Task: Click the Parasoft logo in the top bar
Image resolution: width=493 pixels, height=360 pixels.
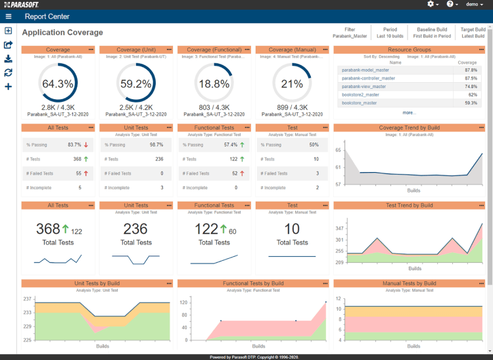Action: tap(24, 4)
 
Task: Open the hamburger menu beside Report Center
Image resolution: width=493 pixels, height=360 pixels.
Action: tap(9, 16)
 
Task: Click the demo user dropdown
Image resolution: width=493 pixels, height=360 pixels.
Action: tap(474, 4)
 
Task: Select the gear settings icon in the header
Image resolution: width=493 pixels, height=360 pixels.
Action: tap(433, 4)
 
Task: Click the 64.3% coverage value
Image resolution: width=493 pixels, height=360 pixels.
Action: tap(58, 84)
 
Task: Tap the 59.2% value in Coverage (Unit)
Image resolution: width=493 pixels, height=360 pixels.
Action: tap(136, 84)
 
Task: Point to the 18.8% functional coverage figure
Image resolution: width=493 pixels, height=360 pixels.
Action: tap(214, 84)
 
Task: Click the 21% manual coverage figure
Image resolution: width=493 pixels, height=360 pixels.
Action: tap(292, 84)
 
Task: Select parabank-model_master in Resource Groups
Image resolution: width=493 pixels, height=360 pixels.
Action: tap(365, 70)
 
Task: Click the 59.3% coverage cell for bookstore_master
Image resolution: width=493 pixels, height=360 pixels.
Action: tap(470, 102)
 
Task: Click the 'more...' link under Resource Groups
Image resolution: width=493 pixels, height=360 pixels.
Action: tap(410, 112)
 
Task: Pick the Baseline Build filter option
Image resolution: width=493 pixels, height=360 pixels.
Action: tap(432, 30)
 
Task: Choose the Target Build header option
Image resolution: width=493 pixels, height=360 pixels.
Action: tap(473, 30)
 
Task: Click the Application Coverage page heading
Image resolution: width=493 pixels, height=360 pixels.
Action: tap(62, 32)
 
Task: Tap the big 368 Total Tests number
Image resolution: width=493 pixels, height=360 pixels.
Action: tap(48, 229)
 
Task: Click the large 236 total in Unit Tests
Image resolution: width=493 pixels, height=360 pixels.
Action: tap(136, 229)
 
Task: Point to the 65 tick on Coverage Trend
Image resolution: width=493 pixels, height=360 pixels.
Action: tap(339, 150)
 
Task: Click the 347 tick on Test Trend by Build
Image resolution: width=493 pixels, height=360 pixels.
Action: tap(339, 228)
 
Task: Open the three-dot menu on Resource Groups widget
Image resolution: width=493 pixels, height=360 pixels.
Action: tap(482, 49)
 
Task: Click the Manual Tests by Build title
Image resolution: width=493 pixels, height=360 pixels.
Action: tap(409, 283)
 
